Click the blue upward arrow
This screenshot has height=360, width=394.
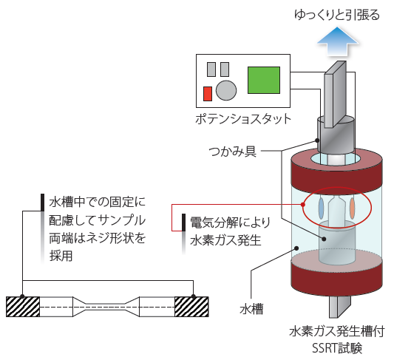click(x=338, y=42)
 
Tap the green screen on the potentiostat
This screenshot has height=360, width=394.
click(x=264, y=80)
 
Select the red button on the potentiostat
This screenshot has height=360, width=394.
click(x=207, y=94)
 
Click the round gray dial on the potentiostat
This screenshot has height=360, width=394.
click(x=226, y=90)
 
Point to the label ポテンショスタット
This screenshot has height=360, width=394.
click(x=243, y=119)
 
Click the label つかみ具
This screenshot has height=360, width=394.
click(x=233, y=152)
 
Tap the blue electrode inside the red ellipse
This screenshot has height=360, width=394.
click(x=321, y=208)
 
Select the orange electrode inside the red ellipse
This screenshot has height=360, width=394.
click(x=353, y=208)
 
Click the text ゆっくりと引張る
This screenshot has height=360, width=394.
click(x=337, y=14)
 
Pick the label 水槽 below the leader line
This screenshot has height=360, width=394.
click(x=251, y=309)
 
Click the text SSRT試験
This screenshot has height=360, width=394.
click(x=337, y=348)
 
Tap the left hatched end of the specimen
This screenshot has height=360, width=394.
click(x=23, y=307)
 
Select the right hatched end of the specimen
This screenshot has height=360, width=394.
click(x=191, y=307)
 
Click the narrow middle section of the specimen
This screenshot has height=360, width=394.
click(x=106, y=307)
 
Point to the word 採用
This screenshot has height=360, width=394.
click(x=61, y=257)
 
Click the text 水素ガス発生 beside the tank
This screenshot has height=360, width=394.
click(x=225, y=240)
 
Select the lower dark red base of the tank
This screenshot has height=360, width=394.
click(x=336, y=278)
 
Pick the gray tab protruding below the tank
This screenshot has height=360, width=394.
click(x=340, y=306)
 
